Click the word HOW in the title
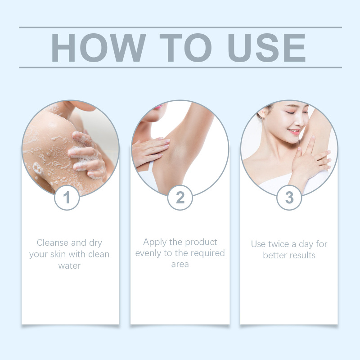[99, 48]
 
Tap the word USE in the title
[266, 48]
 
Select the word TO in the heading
[185, 48]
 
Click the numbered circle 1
[67, 198]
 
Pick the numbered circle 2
[180, 198]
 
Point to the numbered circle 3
[289, 198]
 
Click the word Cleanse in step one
[53, 243]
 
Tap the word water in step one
[69, 265]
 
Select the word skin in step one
[58, 254]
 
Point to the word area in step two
[180, 264]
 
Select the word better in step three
[274, 255]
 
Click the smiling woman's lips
[294, 131]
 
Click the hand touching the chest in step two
[150, 150]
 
